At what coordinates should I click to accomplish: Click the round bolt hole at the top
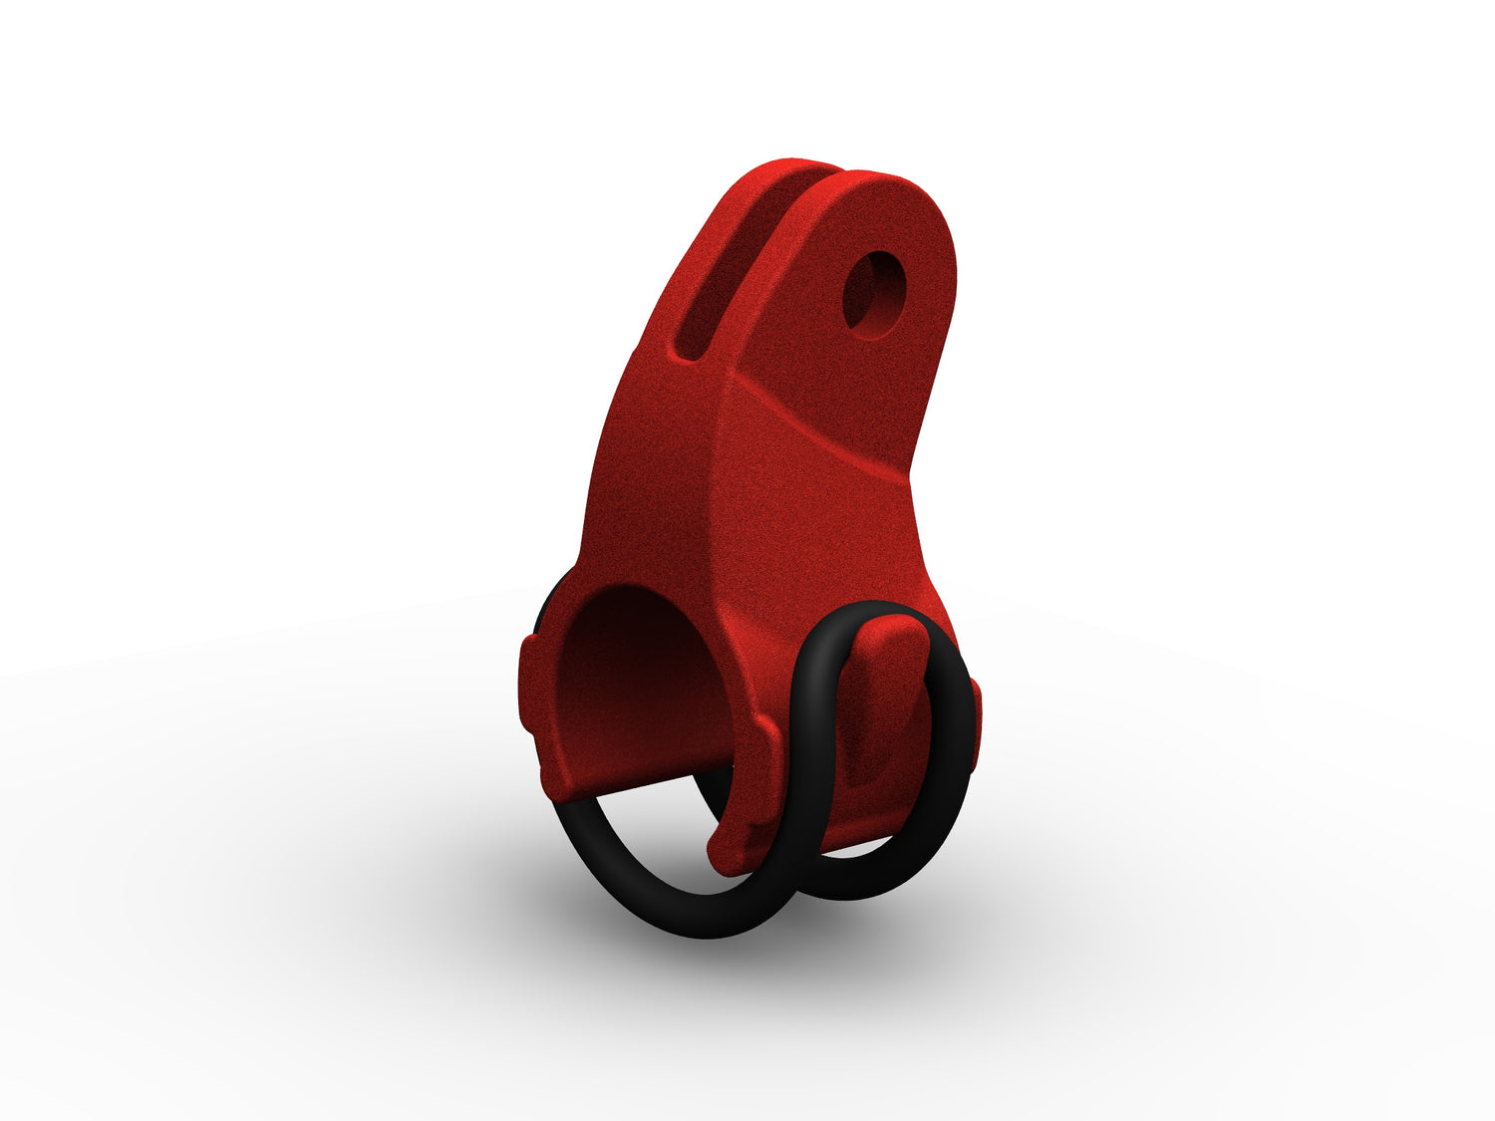[x=870, y=292]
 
